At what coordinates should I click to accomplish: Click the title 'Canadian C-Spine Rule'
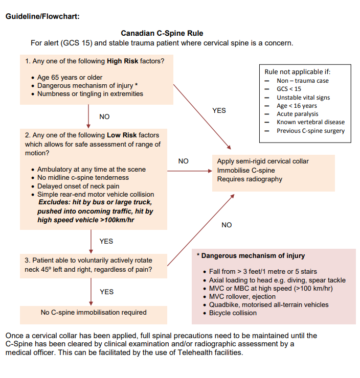(162, 33)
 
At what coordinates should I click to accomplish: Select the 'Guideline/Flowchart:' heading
(42, 16)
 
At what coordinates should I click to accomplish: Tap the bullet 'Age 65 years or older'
(70, 78)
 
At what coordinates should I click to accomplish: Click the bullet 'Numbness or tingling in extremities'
(90, 94)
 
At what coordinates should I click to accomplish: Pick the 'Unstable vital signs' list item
(303, 98)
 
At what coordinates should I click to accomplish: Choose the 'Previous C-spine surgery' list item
(310, 131)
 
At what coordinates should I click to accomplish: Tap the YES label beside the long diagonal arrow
(219, 110)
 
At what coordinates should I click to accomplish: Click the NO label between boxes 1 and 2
(104, 117)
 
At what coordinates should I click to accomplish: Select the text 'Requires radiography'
(250, 179)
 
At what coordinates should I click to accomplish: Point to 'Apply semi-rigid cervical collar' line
(263, 161)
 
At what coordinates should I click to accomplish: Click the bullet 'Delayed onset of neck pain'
(78, 186)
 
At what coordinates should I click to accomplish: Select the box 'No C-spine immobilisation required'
(94, 313)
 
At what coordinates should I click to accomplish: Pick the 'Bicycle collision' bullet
(233, 313)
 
